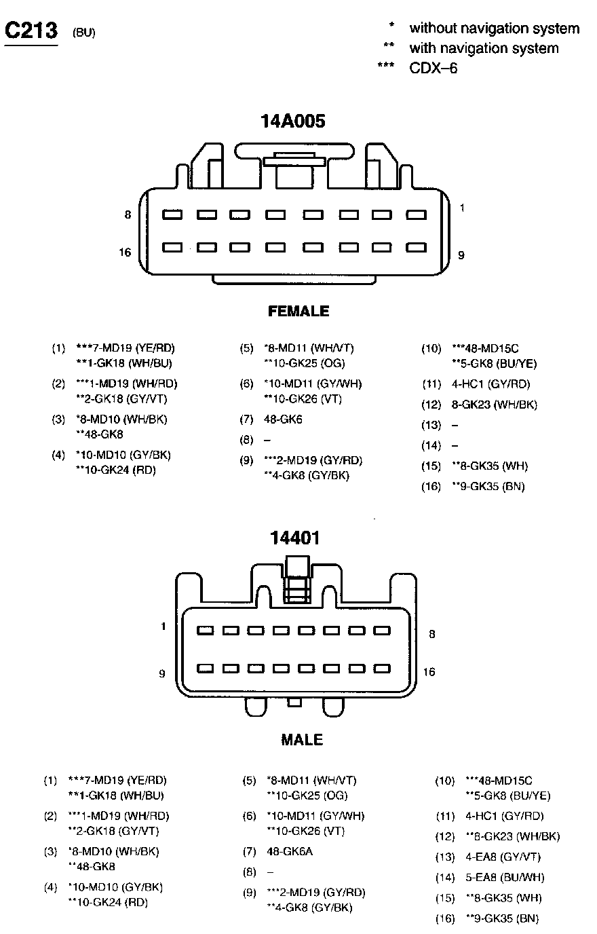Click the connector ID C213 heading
click(x=31, y=31)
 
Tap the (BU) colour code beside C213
click(x=83, y=33)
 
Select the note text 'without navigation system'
click(x=494, y=29)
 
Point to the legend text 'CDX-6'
click(x=433, y=68)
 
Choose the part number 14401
click(x=294, y=538)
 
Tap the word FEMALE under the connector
click(x=298, y=311)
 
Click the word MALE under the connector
click(x=302, y=739)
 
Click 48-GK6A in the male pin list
click(x=290, y=851)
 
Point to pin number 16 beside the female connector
click(x=125, y=253)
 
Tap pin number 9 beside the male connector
click(x=162, y=673)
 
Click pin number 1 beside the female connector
click(x=462, y=208)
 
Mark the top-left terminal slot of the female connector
click(x=172, y=214)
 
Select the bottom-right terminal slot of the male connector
click(x=383, y=669)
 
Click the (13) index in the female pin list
click(x=431, y=425)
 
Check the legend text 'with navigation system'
click(x=484, y=48)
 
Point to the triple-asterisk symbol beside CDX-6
click(x=385, y=67)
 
